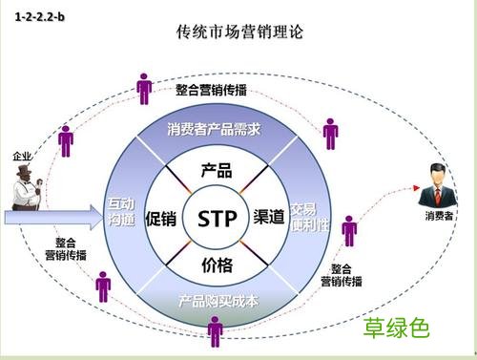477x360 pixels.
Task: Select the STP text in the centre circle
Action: pyautogui.click(x=217, y=218)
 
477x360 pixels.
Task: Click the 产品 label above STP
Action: pyautogui.click(x=217, y=171)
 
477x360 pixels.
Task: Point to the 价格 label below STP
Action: pyautogui.click(x=217, y=264)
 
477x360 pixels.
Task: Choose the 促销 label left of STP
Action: pyautogui.click(x=161, y=218)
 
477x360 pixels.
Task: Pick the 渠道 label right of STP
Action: pyautogui.click(x=271, y=217)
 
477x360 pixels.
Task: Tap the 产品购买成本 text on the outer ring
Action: pyautogui.click(x=218, y=302)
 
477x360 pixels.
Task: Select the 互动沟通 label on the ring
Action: pyautogui.click(x=121, y=212)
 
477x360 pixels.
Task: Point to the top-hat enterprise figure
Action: pyautogui.click(x=25, y=187)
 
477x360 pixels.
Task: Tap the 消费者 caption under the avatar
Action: pyautogui.click(x=439, y=217)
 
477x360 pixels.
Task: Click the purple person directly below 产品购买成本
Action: pyautogui.click(x=216, y=330)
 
